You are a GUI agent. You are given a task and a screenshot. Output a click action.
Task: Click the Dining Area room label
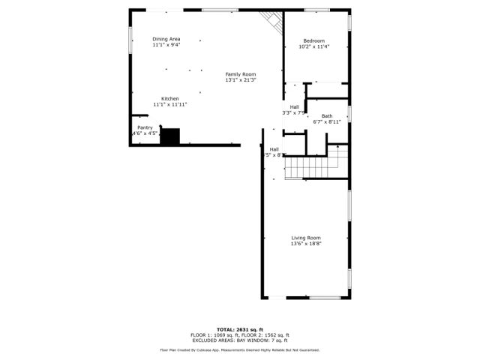point(166,39)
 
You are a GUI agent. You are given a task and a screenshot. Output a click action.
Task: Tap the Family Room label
point(241,74)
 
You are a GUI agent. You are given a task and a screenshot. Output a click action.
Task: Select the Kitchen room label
point(170,99)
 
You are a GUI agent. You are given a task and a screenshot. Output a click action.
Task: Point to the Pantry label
point(145,127)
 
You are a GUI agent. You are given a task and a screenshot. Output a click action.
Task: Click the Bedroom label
point(314,40)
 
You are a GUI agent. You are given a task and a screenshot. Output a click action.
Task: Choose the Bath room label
point(327,115)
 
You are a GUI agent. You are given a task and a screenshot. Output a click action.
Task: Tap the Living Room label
point(306,238)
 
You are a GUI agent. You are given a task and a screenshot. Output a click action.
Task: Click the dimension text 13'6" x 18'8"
point(306,244)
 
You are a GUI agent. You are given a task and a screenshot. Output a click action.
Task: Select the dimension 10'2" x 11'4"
point(314,46)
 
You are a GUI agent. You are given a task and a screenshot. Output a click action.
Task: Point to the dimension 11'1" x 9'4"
point(166,45)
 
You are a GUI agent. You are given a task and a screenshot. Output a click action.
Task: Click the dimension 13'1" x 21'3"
point(241,80)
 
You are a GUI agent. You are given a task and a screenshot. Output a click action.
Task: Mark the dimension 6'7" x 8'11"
point(327,121)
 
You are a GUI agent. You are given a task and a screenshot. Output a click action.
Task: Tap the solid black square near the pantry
point(170,136)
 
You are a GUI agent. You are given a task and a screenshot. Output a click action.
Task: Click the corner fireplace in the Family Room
point(271,21)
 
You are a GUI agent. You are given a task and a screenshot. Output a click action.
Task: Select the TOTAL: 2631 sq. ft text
point(240,329)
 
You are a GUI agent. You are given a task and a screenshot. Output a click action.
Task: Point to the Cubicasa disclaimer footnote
point(240,350)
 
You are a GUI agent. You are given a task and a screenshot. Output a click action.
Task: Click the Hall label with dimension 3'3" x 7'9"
point(294,109)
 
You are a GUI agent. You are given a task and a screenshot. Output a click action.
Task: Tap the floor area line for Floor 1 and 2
point(240,334)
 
